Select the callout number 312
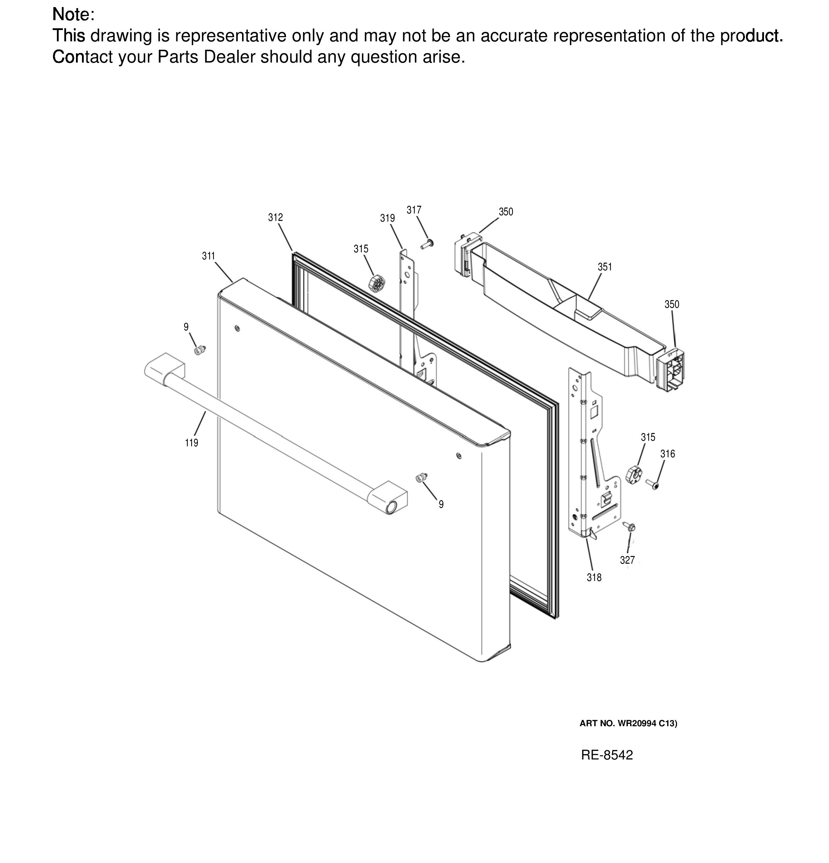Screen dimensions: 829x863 275,217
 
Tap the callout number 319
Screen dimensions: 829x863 387,218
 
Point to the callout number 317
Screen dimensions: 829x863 414,210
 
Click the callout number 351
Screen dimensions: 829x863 605,267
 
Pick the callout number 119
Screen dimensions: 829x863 192,443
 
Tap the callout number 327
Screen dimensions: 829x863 627,560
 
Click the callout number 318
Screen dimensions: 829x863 594,577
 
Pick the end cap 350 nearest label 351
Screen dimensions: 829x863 464,254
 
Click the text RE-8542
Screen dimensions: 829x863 607,755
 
